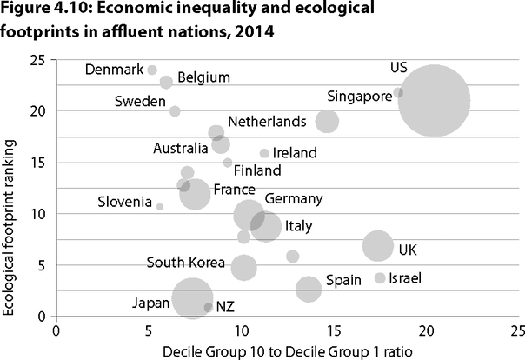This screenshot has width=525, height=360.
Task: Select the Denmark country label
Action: pyautogui.click(x=114, y=70)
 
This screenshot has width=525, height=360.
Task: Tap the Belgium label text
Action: pyautogui.click(x=203, y=77)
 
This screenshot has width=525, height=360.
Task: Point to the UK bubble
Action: pyautogui.click(x=377, y=246)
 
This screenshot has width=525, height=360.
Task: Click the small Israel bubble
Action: pyautogui.click(x=380, y=278)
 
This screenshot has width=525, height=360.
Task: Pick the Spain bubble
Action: pyautogui.click(x=308, y=289)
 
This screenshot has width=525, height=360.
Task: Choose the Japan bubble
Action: pyautogui.click(x=193, y=299)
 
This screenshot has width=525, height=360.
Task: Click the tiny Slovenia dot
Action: pyautogui.click(x=159, y=207)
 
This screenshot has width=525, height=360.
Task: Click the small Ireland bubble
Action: pyautogui.click(x=264, y=154)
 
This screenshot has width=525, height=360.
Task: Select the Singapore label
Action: pyautogui.click(x=360, y=96)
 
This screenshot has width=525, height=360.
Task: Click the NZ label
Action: pyautogui.click(x=225, y=306)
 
